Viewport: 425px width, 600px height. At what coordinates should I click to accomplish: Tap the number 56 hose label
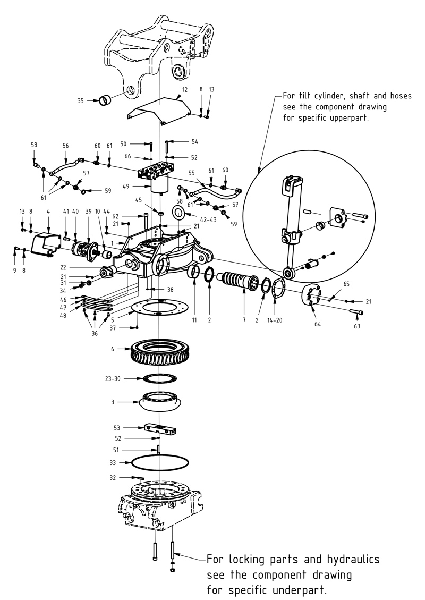click(x=66, y=145)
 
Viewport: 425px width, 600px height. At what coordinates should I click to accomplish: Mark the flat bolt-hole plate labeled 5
click(x=159, y=308)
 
